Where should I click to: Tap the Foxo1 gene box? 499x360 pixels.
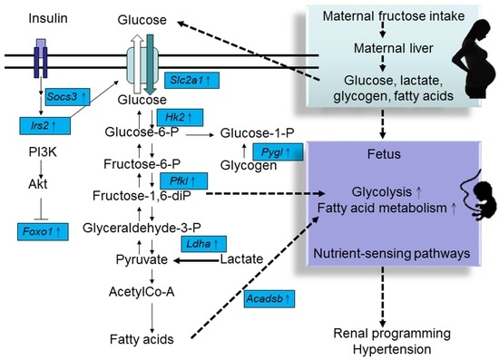(x=42, y=232)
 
